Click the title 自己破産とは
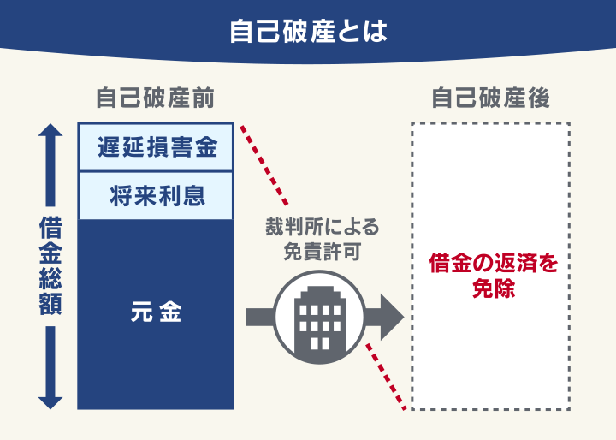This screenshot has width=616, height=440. coord(308,32)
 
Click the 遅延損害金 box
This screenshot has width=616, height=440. coord(155,147)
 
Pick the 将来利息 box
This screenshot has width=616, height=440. coord(155,195)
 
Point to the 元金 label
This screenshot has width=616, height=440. coord(155,313)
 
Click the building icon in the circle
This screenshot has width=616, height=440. coord(317,318)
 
